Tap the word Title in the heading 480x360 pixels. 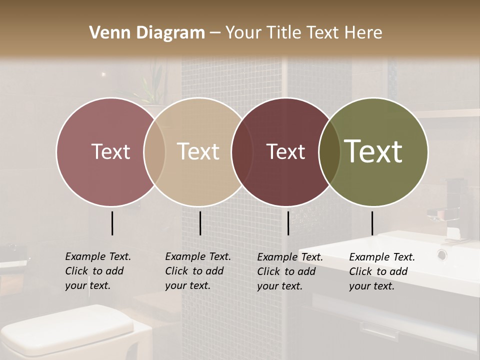point(282,33)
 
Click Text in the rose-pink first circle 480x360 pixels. point(110,151)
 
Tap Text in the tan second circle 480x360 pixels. point(198,151)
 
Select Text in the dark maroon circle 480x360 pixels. point(285,151)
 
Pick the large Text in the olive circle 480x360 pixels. point(373,151)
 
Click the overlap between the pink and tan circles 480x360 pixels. point(154,151)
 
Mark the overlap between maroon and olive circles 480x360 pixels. point(329,151)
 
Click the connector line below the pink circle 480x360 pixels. point(112,223)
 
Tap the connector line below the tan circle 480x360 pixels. point(200,223)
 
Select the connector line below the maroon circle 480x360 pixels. point(288,223)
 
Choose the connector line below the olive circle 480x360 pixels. point(372,223)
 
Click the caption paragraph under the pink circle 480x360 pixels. point(98,271)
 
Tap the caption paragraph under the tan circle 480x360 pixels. point(198,271)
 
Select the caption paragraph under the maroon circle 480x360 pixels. point(290,271)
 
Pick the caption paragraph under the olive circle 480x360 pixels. point(382,271)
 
